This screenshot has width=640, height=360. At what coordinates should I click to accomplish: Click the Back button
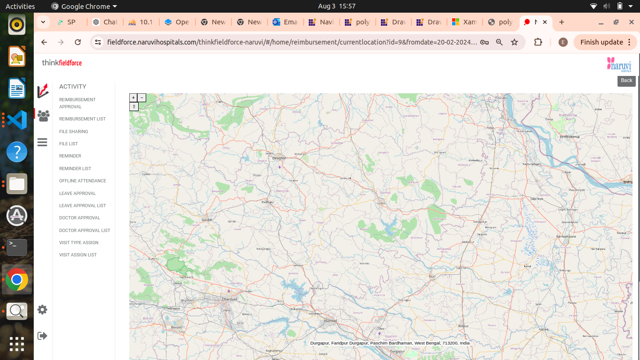(x=626, y=81)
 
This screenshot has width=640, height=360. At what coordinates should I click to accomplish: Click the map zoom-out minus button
(x=142, y=97)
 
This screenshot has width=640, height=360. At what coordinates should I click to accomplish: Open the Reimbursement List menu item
(x=82, y=119)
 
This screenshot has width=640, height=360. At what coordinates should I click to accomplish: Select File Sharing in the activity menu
(x=74, y=132)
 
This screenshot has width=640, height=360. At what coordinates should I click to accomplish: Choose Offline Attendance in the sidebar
(x=82, y=181)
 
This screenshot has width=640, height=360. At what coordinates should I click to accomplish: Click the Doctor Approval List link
(x=85, y=231)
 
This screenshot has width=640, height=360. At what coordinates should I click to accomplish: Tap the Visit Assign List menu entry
(x=78, y=255)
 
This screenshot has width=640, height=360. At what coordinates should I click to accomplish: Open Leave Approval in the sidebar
(x=77, y=194)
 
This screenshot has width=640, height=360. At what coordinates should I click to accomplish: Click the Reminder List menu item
(x=75, y=169)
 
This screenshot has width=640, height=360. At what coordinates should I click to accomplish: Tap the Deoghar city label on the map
(x=279, y=158)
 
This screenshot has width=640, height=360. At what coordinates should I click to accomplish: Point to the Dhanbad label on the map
(x=230, y=299)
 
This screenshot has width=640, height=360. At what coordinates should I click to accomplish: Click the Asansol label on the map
(x=330, y=321)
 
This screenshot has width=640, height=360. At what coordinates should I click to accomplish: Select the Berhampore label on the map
(x=566, y=237)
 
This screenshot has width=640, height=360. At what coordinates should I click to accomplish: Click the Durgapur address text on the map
(x=390, y=343)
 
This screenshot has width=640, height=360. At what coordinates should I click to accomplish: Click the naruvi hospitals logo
(x=619, y=64)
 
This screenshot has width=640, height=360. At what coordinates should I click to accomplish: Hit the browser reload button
(x=78, y=42)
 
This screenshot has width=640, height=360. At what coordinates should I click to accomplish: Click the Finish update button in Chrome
(x=604, y=42)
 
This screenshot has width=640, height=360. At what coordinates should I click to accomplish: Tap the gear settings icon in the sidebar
(x=43, y=310)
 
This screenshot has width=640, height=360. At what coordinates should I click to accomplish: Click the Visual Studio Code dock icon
(x=17, y=120)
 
